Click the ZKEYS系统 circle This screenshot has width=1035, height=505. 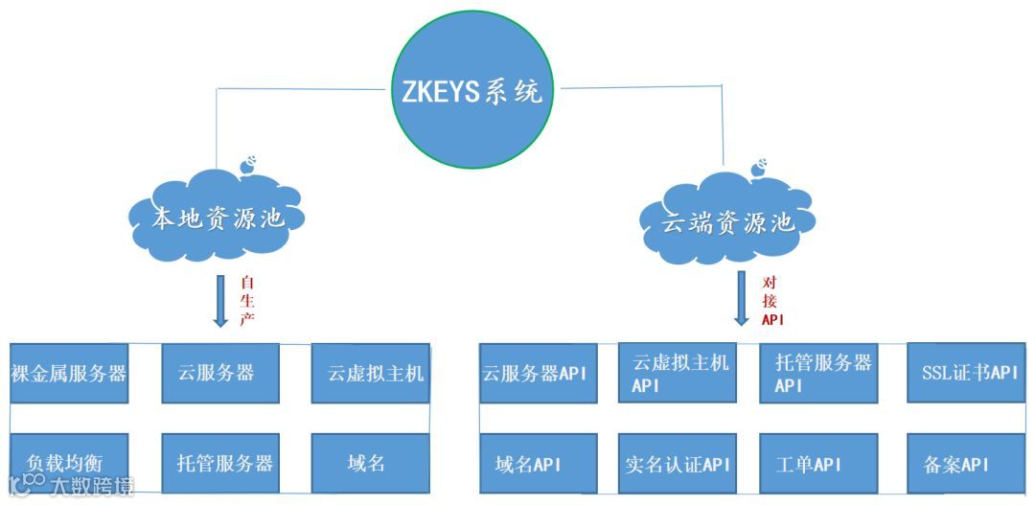tap(471, 91)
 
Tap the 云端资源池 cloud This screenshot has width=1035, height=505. tap(729, 220)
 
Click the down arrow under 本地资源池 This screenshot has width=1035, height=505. tap(220, 300)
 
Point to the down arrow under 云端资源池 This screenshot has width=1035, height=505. tap(741, 298)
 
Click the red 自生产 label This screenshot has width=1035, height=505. tap(247, 300)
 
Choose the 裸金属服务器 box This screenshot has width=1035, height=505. tap(68, 373)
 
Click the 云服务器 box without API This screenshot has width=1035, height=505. tap(219, 373)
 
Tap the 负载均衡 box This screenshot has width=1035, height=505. tap(68, 463)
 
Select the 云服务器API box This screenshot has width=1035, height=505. tap(538, 373)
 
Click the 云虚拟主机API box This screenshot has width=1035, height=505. tap(679, 373)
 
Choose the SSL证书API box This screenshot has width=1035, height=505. tap(963, 373)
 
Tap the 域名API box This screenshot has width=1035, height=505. tap(538, 464)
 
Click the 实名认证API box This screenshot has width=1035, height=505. tap(679, 464)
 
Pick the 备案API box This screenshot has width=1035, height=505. tap(963, 464)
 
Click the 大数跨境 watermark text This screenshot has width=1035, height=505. tap(91, 486)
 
